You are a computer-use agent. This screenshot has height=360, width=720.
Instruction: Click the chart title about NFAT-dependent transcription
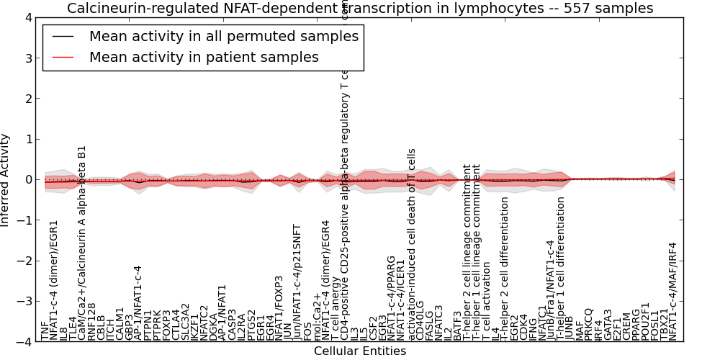click(x=360, y=9)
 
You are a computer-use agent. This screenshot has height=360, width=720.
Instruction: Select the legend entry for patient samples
click(x=204, y=57)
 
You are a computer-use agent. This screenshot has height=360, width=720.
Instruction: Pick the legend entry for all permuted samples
click(x=223, y=36)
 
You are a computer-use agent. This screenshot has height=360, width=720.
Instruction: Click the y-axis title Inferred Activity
click(x=6, y=180)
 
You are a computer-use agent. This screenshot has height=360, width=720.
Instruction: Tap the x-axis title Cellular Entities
click(x=360, y=351)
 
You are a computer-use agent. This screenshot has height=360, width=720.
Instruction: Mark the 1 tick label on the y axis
click(x=27, y=139)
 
